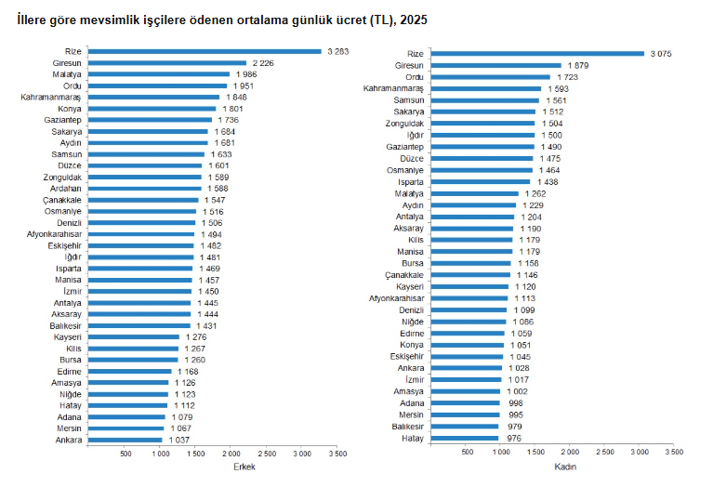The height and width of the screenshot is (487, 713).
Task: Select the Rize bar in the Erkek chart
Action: coord(205,51)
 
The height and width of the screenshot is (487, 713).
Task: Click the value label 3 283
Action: coord(337,51)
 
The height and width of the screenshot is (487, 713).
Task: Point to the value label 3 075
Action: coord(660,54)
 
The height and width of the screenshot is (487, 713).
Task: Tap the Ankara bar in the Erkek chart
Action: coord(125,440)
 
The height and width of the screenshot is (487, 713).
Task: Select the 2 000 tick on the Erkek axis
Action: coord(230,454)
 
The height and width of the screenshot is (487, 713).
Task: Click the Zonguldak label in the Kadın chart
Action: coord(405,124)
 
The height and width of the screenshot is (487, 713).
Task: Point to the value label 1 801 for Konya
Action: coord(230,109)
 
